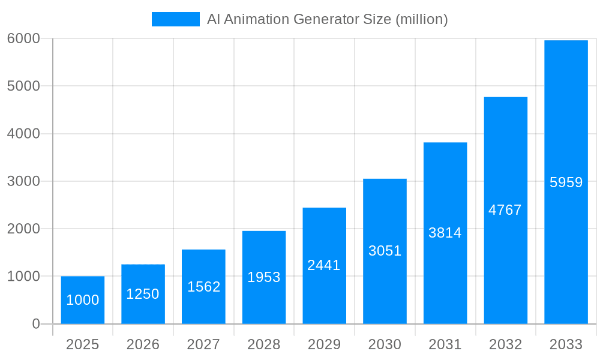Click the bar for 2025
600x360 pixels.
click(83, 300)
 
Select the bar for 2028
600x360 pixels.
click(264, 277)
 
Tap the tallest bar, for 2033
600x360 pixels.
click(566, 182)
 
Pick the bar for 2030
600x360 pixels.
click(385, 251)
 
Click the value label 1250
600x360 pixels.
click(143, 294)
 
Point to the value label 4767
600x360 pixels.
click(505, 210)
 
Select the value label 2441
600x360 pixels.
click(324, 265)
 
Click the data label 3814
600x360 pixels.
click(445, 233)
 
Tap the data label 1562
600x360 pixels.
click(203, 287)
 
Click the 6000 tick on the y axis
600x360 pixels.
click(23, 38)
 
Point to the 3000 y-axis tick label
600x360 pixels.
click(23, 181)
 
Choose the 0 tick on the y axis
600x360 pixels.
click(35, 324)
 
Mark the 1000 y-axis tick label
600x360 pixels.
click(23, 277)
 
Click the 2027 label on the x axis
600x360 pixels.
click(203, 344)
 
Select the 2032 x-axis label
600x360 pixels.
click(505, 344)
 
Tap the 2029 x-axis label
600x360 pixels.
click(324, 344)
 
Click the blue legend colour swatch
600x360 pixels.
click(175, 19)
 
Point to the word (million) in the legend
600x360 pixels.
click(421, 19)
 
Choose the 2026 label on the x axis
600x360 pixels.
click(143, 344)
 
